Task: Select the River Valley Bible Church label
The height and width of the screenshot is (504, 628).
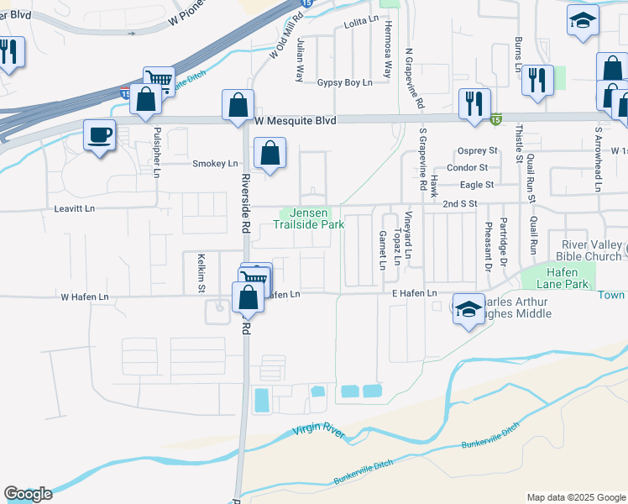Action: (x=590, y=249)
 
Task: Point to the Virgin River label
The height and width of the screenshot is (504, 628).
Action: (x=319, y=432)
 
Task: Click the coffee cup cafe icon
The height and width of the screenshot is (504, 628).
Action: (x=100, y=135)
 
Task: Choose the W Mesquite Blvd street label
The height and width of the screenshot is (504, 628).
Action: (x=295, y=122)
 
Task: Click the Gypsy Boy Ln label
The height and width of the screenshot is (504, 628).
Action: (x=344, y=82)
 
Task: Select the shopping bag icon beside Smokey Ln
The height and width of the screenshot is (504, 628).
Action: (x=270, y=154)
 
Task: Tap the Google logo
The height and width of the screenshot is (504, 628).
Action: (x=27, y=494)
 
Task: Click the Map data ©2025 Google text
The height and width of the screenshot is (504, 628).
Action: (x=576, y=497)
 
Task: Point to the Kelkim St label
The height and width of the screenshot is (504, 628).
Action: (x=201, y=273)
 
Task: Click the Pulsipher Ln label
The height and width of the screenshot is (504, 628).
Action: (x=157, y=145)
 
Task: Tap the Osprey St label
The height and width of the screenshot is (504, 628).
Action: (x=479, y=151)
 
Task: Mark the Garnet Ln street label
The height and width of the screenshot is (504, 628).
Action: (x=382, y=249)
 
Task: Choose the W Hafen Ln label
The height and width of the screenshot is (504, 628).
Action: (x=84, y=297)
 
